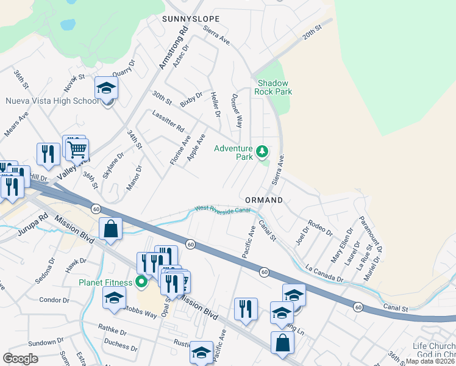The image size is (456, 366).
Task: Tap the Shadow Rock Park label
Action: (x=274, y=87)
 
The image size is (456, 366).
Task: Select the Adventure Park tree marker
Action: (x=262, y=151)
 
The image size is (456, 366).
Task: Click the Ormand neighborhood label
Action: (x=264, y=200)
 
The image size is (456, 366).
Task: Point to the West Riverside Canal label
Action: (x=223, y=209)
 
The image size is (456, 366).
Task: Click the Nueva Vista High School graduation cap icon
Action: (x=106, y=89)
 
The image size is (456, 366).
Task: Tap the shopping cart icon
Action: (x=77, y=149)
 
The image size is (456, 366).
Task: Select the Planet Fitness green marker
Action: (x=142, y=281)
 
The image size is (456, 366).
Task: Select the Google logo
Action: (x=21, y=359)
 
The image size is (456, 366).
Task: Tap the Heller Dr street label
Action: (x=214, y=104)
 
